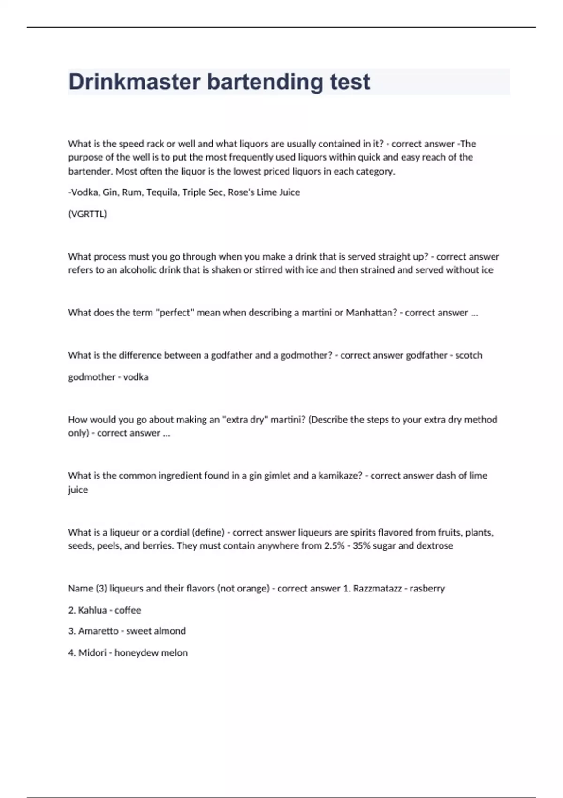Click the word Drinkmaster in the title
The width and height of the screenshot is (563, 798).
tap(134, 82)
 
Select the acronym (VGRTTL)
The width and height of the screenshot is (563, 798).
tap(87, 214)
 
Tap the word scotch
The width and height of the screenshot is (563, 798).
tap(469, 355)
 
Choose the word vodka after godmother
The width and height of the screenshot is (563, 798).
tap(136, 377)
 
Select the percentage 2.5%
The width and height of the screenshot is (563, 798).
tap(335, 546)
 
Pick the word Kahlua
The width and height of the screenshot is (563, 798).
tap(92, 610)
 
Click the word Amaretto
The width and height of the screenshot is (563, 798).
tap(98, 631)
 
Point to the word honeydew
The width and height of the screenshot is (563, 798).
tap(134, 653)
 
